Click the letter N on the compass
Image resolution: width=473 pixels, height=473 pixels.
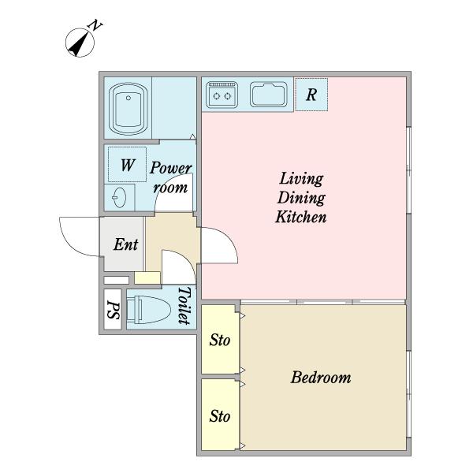[x=95, y=25]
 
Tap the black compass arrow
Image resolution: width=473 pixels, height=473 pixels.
[x=80, y=44]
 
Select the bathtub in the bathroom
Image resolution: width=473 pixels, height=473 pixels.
[x=128, y=108]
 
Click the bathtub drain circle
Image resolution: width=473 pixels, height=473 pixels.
[x=128, y=98]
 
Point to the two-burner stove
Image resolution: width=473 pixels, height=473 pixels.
[x=222, y=95]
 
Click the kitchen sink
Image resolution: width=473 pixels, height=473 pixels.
[x=269, y=95]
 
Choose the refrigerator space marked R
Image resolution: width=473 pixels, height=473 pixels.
[x=311, y=95]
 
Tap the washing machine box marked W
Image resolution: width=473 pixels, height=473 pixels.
[x=127, y=165]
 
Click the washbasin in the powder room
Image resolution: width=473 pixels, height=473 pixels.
[x=120, y=198]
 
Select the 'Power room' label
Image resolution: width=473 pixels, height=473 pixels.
[x=170, y=177]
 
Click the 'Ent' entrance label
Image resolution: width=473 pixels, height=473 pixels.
[x=126, y=244]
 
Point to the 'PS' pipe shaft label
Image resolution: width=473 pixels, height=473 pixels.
[x=114, y=310]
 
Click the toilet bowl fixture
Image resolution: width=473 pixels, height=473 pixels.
[x=148, y=310]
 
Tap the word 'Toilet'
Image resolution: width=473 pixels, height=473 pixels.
[x=184, y=306]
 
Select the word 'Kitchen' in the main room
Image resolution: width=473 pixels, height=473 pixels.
[x=301, y=217]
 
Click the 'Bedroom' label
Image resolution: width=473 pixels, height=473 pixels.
[x=321, y=378]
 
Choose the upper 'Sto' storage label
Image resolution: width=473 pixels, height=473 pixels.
[x=220, y=340]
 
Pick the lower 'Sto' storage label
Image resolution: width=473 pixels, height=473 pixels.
[x=220, y=416]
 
